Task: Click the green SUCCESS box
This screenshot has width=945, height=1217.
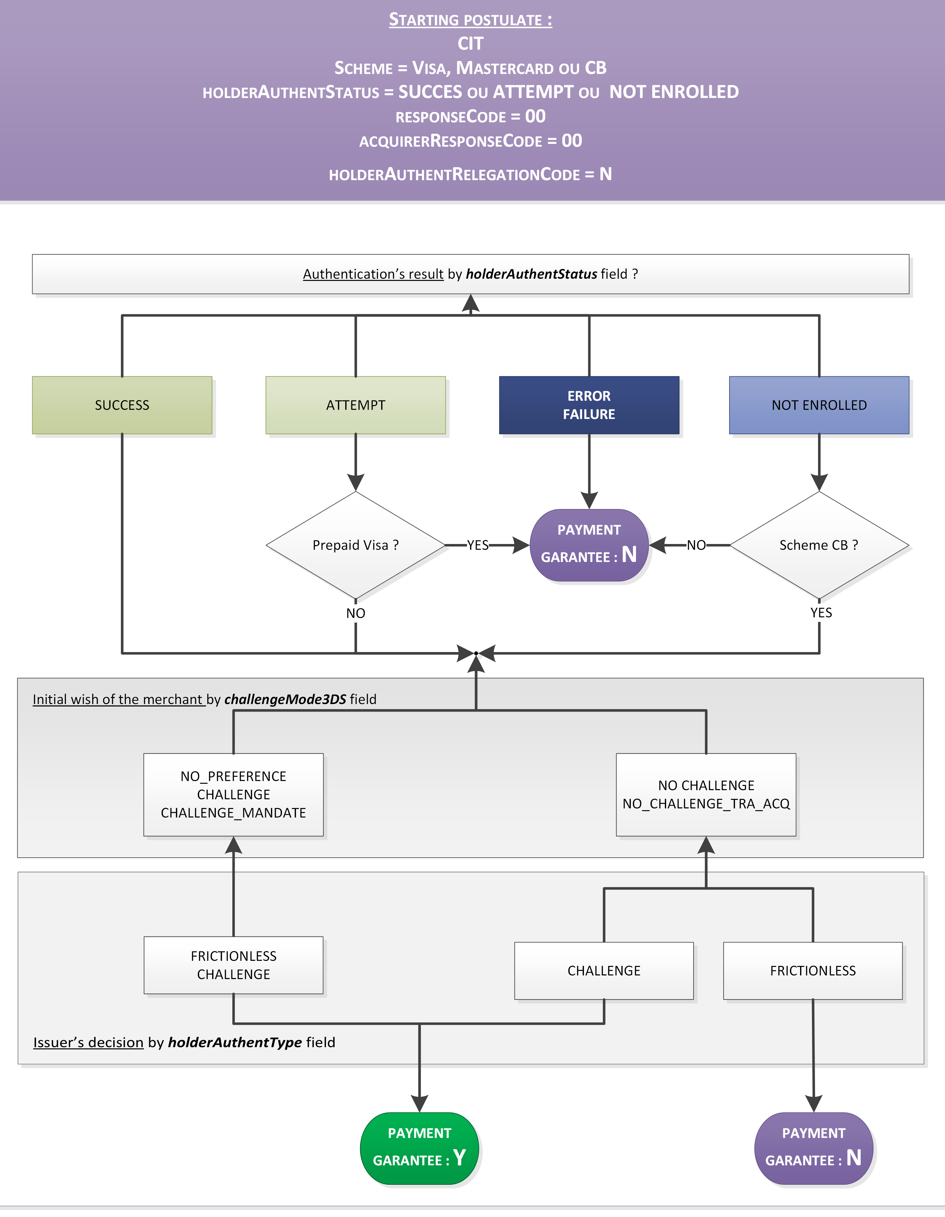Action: (122, 405)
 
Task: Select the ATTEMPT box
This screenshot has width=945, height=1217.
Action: (356, 405)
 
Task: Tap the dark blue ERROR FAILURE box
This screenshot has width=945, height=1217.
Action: (589, 405)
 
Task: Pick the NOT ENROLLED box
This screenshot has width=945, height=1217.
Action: (819, 405)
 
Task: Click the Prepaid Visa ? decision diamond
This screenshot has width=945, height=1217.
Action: (356, 545)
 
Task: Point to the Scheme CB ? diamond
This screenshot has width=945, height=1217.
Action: (819, 545)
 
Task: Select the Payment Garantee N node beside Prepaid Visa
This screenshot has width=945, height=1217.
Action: (589, 545)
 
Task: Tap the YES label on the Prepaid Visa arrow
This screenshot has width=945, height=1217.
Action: (478, 545)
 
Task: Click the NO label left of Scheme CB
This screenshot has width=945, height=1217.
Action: (696, 545)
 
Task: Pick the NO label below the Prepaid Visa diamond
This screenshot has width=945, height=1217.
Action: (356, 613)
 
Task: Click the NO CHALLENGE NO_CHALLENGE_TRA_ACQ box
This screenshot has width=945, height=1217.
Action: (706, 795)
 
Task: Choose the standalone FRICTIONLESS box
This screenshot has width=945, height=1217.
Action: (813, 971)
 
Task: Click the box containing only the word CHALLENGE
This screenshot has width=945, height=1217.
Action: (604, 971)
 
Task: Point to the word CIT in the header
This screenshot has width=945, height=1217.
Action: (471, 44)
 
